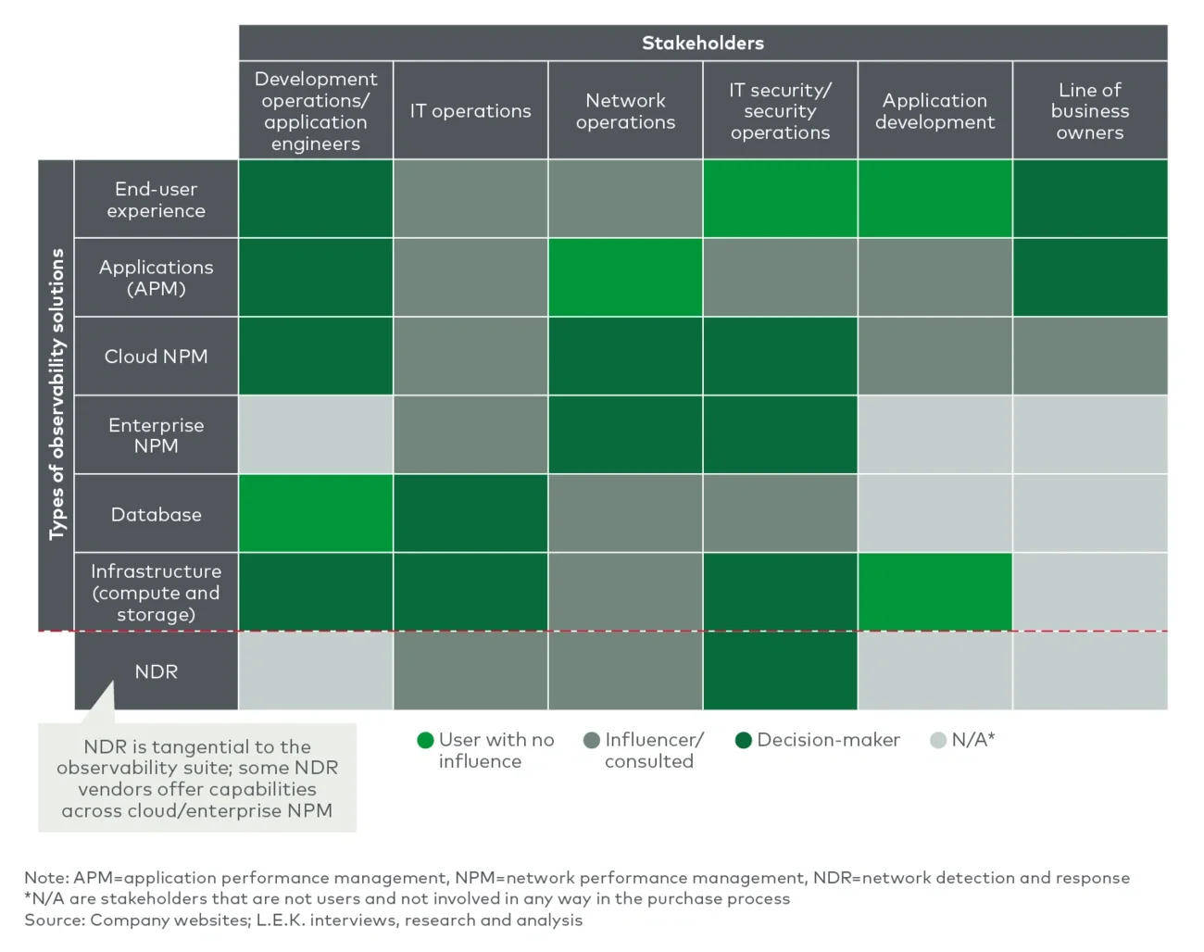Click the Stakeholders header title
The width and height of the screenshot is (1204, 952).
[703, 43]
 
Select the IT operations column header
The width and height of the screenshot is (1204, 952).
[470, 111]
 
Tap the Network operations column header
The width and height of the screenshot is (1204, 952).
[625, 111]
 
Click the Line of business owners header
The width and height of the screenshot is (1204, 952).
[1089, 111]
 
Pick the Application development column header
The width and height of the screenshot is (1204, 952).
[934, 111]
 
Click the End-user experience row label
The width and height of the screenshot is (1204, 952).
[156, 199]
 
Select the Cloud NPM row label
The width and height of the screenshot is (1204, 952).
[156, 357]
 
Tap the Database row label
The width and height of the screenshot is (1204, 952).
[156, 514]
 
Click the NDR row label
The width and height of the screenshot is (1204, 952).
[156, 671]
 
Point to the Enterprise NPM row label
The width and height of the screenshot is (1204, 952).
[156, 435]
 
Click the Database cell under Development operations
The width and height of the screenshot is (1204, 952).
[316, 514]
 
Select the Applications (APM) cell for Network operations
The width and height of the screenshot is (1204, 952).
[625, 278]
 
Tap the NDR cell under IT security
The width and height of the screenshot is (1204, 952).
[780, 671]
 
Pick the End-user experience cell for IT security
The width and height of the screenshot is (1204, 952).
[780, 199]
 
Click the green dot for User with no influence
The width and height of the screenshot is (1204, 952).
[426, 740]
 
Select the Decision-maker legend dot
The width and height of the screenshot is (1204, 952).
[743, 740]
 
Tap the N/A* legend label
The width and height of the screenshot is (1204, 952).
[972, 740]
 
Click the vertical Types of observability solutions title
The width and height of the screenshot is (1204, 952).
[56, 395]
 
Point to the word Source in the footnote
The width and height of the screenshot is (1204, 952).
[54, 920]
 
